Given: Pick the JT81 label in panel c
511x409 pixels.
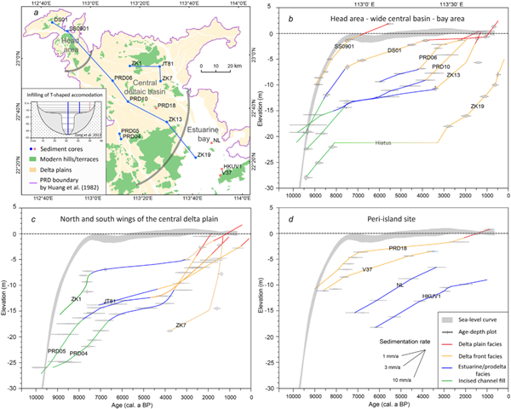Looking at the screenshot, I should coord(109,301).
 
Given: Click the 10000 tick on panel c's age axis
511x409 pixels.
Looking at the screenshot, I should coord(37,375).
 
